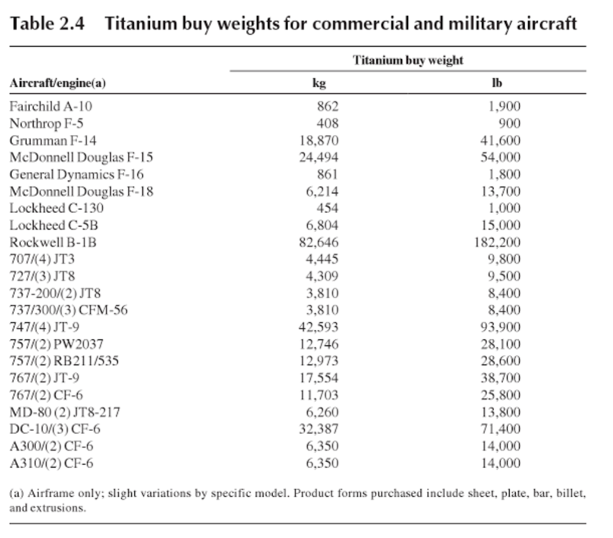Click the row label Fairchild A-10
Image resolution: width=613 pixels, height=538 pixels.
point(51,106)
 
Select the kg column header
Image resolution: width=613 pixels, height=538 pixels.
point(319,83)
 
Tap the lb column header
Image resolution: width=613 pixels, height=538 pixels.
point(497,82)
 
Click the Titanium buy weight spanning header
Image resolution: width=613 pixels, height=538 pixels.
point(407,60)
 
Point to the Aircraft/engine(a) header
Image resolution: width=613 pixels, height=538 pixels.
point(57,83)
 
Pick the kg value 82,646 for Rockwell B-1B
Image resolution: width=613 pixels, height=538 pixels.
point(318,243)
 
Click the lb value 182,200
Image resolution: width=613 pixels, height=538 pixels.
point(497,243)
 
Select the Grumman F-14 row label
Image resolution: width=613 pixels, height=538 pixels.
point(53,140)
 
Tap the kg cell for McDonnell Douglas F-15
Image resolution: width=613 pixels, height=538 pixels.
point(318,157)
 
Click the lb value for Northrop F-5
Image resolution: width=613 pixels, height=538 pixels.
point(510,124)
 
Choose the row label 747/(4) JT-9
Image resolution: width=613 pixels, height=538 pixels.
point(44,327)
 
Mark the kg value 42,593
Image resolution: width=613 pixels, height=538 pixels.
point(318,327)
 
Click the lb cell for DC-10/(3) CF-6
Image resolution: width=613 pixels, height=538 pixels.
point(501,429)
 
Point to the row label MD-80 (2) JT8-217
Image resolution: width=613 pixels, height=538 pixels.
point(65,412)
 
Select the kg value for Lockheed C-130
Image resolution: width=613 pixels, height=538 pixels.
point(327,208)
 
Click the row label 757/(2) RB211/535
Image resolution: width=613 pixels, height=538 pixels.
point(64,361)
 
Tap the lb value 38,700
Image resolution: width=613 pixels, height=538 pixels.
point(501,378)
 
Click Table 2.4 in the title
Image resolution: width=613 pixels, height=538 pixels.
point(47,23)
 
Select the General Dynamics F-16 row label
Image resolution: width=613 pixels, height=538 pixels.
point(76,175)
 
